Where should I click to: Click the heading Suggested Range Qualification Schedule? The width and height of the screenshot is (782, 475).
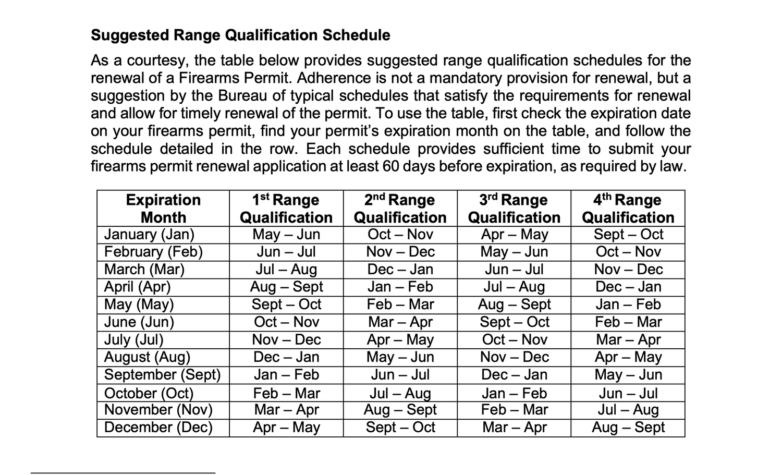pos(240,35)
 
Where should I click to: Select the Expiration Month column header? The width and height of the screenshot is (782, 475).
pos(163,209)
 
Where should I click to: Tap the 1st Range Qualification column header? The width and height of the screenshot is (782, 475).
pos(286,209)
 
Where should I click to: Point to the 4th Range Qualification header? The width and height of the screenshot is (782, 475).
pos(628,209)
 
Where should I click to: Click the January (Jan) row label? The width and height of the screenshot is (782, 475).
pos(149,235)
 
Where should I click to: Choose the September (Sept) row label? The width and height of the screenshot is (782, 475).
pos(162,375)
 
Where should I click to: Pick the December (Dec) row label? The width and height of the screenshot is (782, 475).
pos(158,428)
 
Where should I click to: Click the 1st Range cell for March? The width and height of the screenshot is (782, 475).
pos(286,270)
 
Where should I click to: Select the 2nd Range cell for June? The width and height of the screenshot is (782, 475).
pos(400,322)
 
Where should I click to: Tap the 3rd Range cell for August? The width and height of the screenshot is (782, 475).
pos(514,357)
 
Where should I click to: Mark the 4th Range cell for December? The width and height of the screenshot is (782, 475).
pos(628,428)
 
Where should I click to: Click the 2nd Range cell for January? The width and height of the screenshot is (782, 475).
pos(400,235)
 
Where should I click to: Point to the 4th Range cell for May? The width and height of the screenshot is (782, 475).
pos(628,305)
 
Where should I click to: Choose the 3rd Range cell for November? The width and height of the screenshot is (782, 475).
pos(514,410)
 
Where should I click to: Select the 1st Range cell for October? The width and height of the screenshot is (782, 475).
pos(286,393)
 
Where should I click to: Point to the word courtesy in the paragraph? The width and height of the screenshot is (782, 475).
pos(157,61)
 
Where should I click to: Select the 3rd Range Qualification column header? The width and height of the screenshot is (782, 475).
pos(514,209)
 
